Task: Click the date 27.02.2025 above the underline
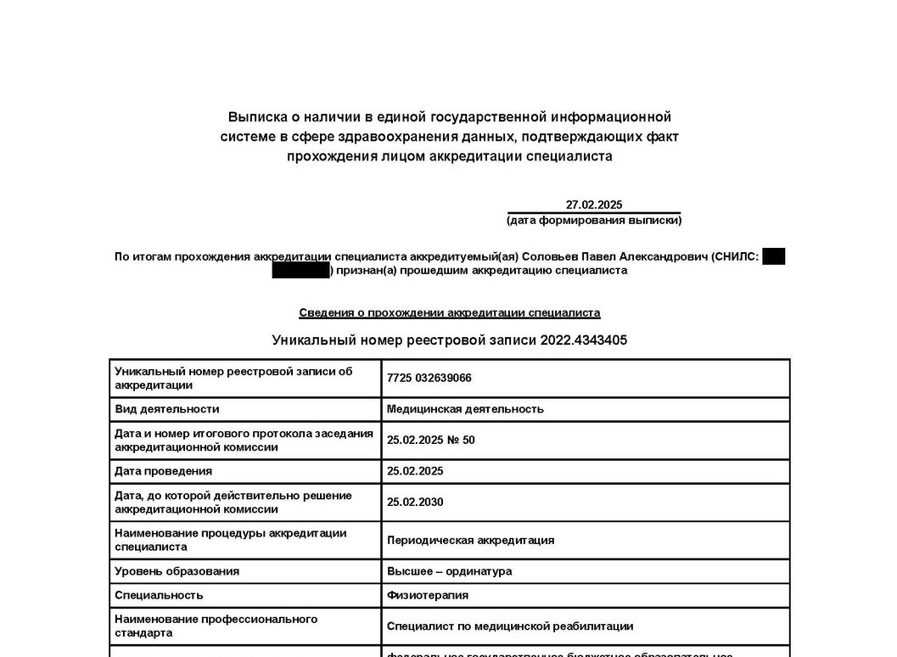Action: [594, 205]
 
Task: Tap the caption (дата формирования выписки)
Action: [594, 221]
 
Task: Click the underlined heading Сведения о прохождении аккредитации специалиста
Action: [449, 313]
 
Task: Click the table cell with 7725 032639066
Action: [429, 379]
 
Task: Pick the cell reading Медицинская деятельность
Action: [465, 409]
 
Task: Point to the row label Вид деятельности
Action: [167, 409]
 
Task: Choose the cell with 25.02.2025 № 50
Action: [431, 441]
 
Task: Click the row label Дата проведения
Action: [164, 471]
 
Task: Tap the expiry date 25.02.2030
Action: [415, 503]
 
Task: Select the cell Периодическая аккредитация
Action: [470, 541]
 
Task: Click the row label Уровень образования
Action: [177, 571]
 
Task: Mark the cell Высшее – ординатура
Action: [449, 571]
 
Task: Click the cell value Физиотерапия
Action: [428, 596]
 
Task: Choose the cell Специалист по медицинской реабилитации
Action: [510, 626]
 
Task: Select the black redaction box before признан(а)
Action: [300, 271]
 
